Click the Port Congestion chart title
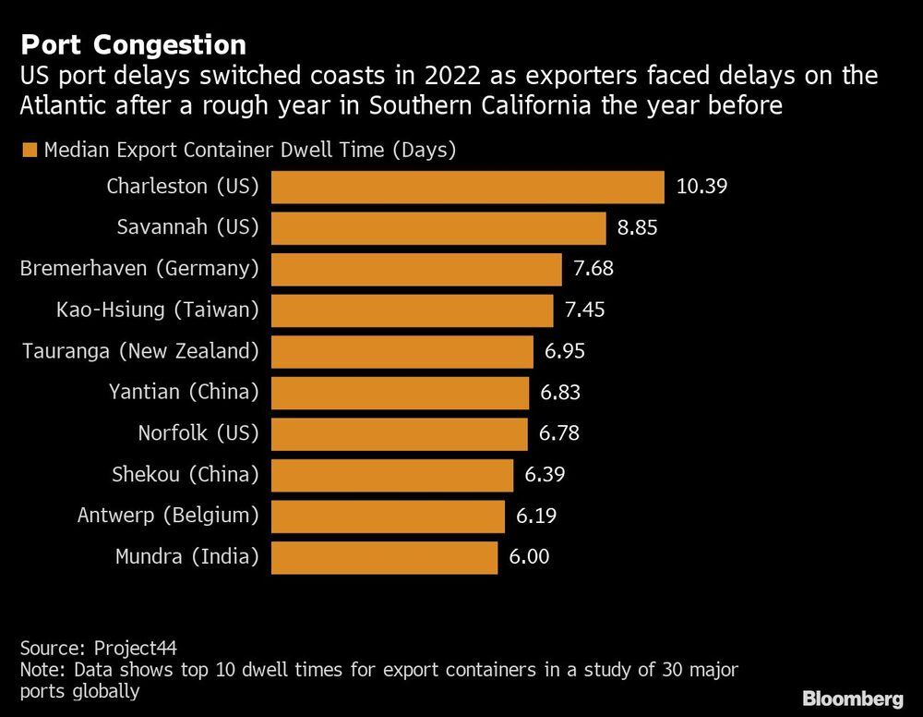(x=133, y=44)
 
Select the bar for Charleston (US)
(x=468, y=187)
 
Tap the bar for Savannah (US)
(x=438, y=228)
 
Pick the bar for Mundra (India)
(x=385, y=557)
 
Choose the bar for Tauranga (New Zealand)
(x=402, y=351)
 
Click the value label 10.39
(x=702, y=187)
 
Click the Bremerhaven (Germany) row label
(x=139, y=269)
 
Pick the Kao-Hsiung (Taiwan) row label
(x=157, y=310)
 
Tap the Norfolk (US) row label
(x=198, y=433)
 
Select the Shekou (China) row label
(x=186, y=475)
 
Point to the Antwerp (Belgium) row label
(x=168, y=516)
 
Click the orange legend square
(x=29, y=150)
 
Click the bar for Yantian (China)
(x=401, y=393)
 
